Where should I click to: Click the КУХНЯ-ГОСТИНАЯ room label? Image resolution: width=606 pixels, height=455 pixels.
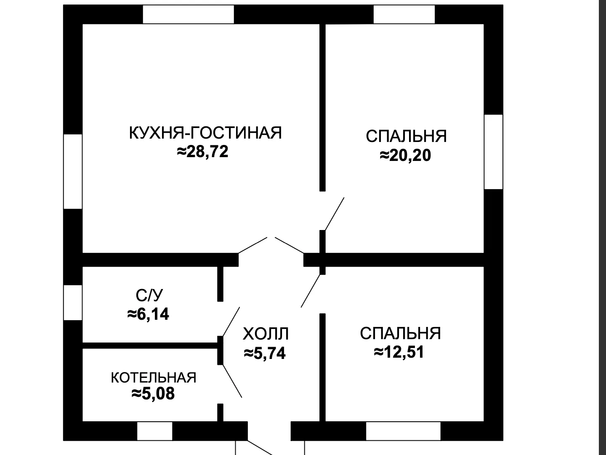pyautogui.click(x=205, y=133)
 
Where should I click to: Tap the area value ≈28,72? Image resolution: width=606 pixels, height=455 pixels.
pyautogui.click(x=203, y=152)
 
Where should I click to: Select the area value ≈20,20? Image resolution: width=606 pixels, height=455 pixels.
pyautogui.click(x=405, y=155)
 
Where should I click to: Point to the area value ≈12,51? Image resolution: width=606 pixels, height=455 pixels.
pyautogui.click(x=399, y=352)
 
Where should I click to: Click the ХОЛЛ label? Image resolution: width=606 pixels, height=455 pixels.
pyautogui.click(x=266, y=334)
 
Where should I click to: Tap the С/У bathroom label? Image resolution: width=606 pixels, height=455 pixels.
pyautogui.click(x=149, y=295)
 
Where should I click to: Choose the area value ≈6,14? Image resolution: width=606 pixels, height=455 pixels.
pyautogui.click(x=148, y=314)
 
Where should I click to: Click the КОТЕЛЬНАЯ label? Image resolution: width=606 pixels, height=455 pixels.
pyautogui.click(x=154, y=377)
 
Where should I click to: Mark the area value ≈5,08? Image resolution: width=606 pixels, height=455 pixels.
pyautogui.click(x=153, y=393)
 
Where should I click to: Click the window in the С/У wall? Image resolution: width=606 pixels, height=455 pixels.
pyautogui.click(x=73, y=302)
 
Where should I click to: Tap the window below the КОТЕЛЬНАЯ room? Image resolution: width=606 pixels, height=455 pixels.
pyautogui.click(x=154, y=431)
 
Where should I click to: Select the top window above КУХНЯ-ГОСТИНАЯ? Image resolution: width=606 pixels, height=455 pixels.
pyautogui.click(x=188, y=14)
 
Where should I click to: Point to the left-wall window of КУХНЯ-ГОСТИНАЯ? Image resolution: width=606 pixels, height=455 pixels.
pyautogui.click(x=73, y=171)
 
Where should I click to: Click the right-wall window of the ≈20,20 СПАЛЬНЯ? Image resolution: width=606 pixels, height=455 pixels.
pyautogui.click(x=493, y=152)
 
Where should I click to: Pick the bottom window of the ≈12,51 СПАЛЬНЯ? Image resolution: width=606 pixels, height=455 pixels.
pyautogui.click(x=403, y=431)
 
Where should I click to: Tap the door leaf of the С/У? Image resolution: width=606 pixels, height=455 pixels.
pyautogui.click(x=231, y=321)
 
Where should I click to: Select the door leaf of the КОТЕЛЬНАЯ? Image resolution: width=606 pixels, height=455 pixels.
pyautogui.click(x=232, y=381)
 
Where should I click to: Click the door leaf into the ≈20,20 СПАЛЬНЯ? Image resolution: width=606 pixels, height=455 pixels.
pyautogui.click(x=335, y=214)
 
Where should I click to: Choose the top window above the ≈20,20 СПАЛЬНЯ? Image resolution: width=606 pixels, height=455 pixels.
pyautogui.click(x=404, y=14)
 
